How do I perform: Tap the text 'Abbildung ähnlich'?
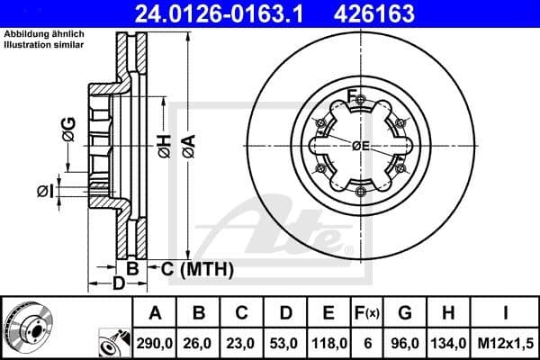[44, 34]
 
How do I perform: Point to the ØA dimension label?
[188, 146]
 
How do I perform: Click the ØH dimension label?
[164, 146]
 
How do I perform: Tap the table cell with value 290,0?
[155, 343]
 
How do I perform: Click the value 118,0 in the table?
[331, 343]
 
